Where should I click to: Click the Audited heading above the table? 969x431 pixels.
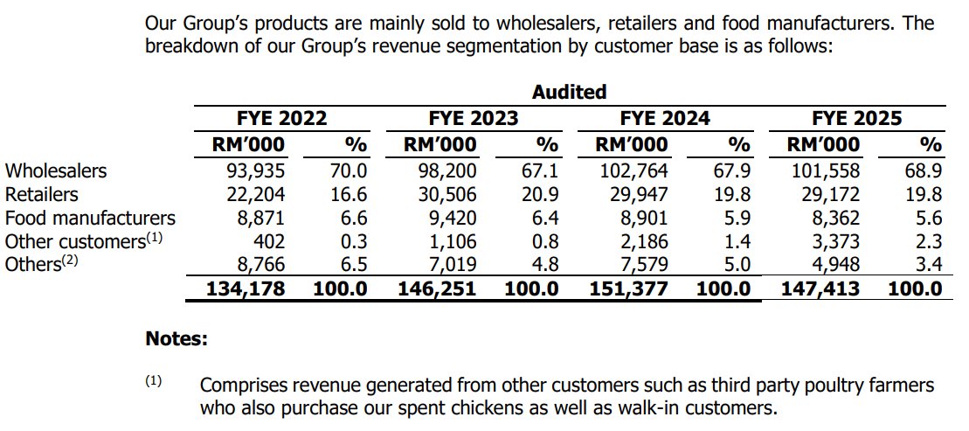tap(569, 92)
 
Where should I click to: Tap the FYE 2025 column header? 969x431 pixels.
tap(856, 118)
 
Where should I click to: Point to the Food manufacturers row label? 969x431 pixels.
tap(90, 218)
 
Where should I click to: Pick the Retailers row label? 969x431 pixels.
tap(41, 194)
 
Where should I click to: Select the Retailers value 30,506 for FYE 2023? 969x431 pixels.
tap(443, 194)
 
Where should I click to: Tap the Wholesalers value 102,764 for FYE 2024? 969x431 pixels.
tap(632, 170)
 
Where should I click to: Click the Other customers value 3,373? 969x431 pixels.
tap(829, 241)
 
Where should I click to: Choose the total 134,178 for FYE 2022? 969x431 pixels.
tap(245, 288)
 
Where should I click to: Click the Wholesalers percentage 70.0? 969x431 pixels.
tap(349, 170)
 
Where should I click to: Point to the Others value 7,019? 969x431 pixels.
tap(448, 265)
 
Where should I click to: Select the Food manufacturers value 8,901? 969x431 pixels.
tap(640, 218)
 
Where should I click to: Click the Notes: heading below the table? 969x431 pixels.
tap(176, 338)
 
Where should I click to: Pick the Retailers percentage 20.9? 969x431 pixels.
tap(541, 194)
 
